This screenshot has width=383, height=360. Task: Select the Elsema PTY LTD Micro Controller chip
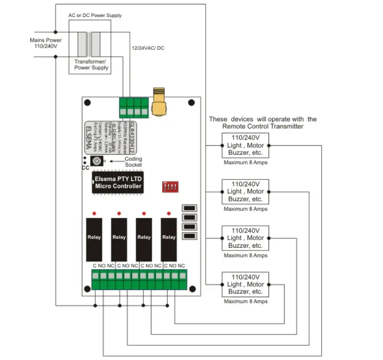[x=118, y=183]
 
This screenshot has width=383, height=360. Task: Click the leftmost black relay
[x=94, y=239]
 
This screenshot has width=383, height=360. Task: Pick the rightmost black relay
[x=169, y=239]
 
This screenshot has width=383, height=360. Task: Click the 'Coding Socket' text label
[x=133, y=162]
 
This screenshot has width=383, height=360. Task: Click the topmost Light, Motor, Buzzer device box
[x=245, y=145]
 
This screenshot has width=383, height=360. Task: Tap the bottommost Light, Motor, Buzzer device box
[x=245, y=284]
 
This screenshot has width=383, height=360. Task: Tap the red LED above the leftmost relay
[x=94, y=213]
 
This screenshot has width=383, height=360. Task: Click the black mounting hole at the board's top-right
[x=191, y=103]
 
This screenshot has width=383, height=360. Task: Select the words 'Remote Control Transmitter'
[x=263, y=126]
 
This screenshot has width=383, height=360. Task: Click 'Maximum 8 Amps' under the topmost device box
[x=245, y=163]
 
